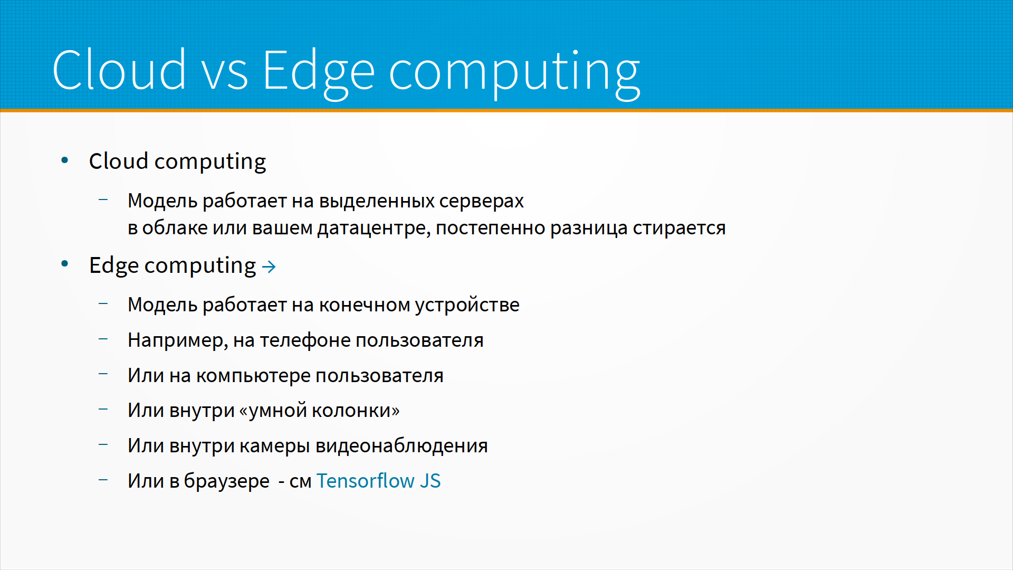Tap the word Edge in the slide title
319,74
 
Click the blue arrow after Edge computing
269,267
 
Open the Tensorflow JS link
378,481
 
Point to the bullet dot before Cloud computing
65,160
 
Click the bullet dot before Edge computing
65,264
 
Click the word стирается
679,228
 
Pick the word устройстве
467,306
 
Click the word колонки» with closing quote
356,411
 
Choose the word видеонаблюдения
402,446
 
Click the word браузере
227,481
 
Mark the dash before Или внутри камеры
103,444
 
